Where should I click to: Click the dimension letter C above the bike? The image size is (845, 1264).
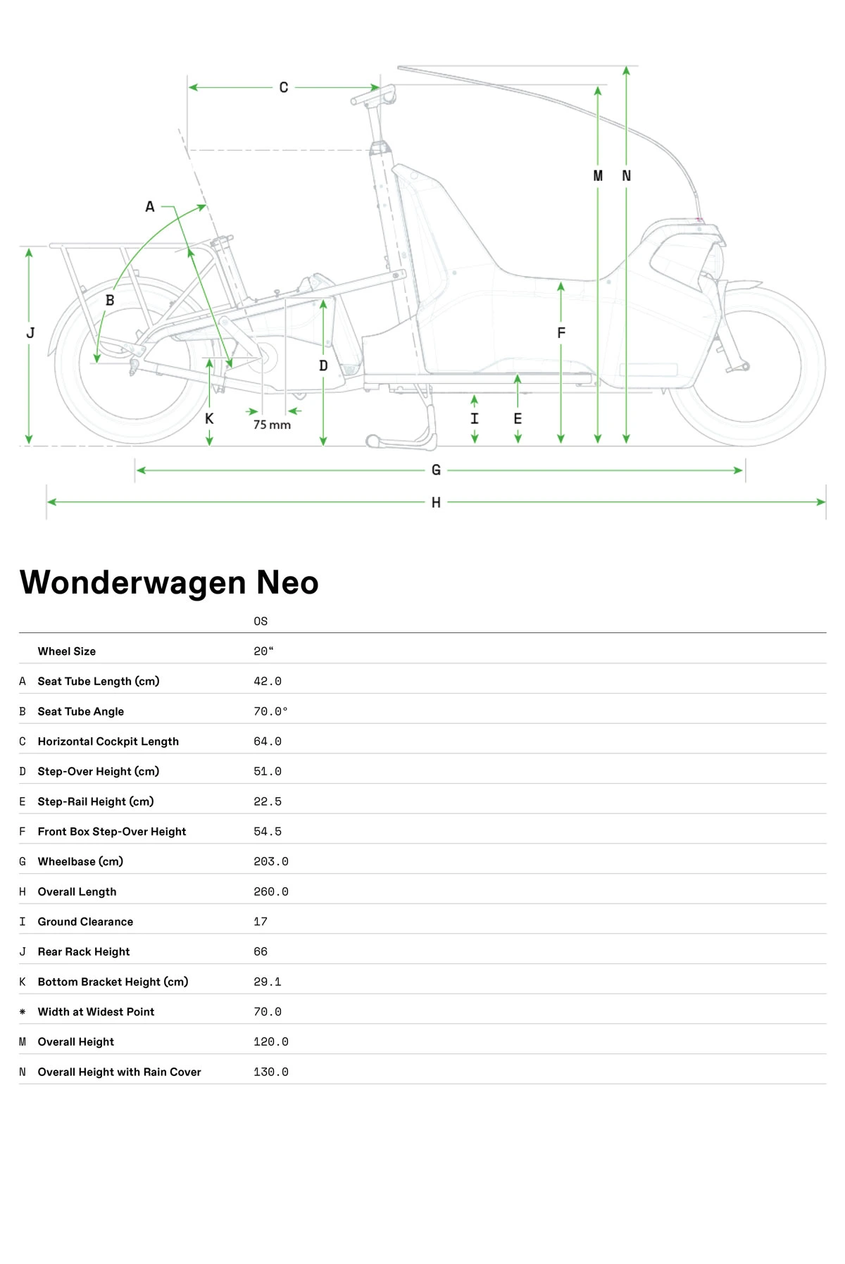pyautogui.click(x=284, y=87)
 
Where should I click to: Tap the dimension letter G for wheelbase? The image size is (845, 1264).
pyautogui.click(x=436, y=470)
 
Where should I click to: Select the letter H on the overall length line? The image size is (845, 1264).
pyautogui.click(x=436, y=502)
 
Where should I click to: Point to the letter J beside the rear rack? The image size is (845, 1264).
pyautogui.click(x=30, y=332)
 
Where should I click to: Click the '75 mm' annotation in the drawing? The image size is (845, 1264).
pyautogui.click(x=272, y=425)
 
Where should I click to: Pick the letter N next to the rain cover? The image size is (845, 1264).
pyautogui.click(x=626, y=176)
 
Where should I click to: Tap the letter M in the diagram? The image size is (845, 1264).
pyautogui.click(x=598, y=176)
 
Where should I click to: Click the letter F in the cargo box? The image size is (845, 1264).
pyautogui.click(x=561, y=332)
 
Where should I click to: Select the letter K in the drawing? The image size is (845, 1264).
pyautogui.click(x=209, y=418)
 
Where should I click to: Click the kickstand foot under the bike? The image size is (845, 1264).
pyautogui.click(x=374, y=442)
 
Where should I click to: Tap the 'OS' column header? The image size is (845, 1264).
pyautogui.click(x=261, y=621)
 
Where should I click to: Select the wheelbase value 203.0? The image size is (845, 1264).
pyautogui.click(x=271, y=861)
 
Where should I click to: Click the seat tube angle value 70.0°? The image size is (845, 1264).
pyautogui.click(x=270, y=711)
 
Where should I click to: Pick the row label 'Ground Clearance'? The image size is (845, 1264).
pyautogui.click(x=85, y=921)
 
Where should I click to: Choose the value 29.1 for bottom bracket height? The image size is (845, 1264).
pyautogui.click(x=268, y=982)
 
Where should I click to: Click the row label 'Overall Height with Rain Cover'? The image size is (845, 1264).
pyautogui.click(x=119, y=1072)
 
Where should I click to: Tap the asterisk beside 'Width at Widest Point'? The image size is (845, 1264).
pyautogui.click(x=23, y=1012)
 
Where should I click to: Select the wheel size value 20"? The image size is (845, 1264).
pyautogui.click(x=263, y=651)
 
